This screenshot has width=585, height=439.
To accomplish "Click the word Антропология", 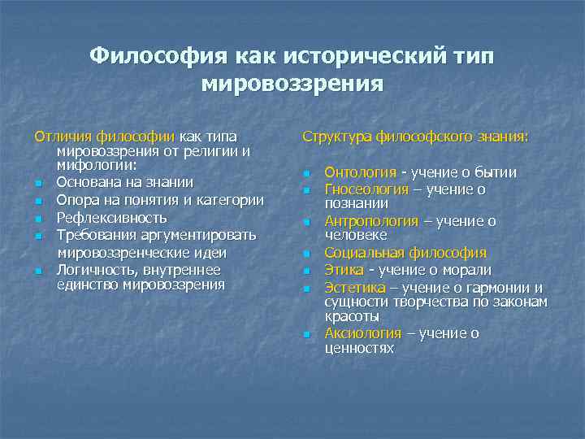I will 371,221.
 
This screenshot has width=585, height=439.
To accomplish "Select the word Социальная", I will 365,254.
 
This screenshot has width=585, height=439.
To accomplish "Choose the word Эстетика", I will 355,286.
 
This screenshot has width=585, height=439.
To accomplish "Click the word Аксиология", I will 362,333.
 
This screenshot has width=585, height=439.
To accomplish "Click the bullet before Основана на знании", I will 37,184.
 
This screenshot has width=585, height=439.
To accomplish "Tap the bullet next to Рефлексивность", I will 37,219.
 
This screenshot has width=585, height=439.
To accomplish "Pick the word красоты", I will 352,316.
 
